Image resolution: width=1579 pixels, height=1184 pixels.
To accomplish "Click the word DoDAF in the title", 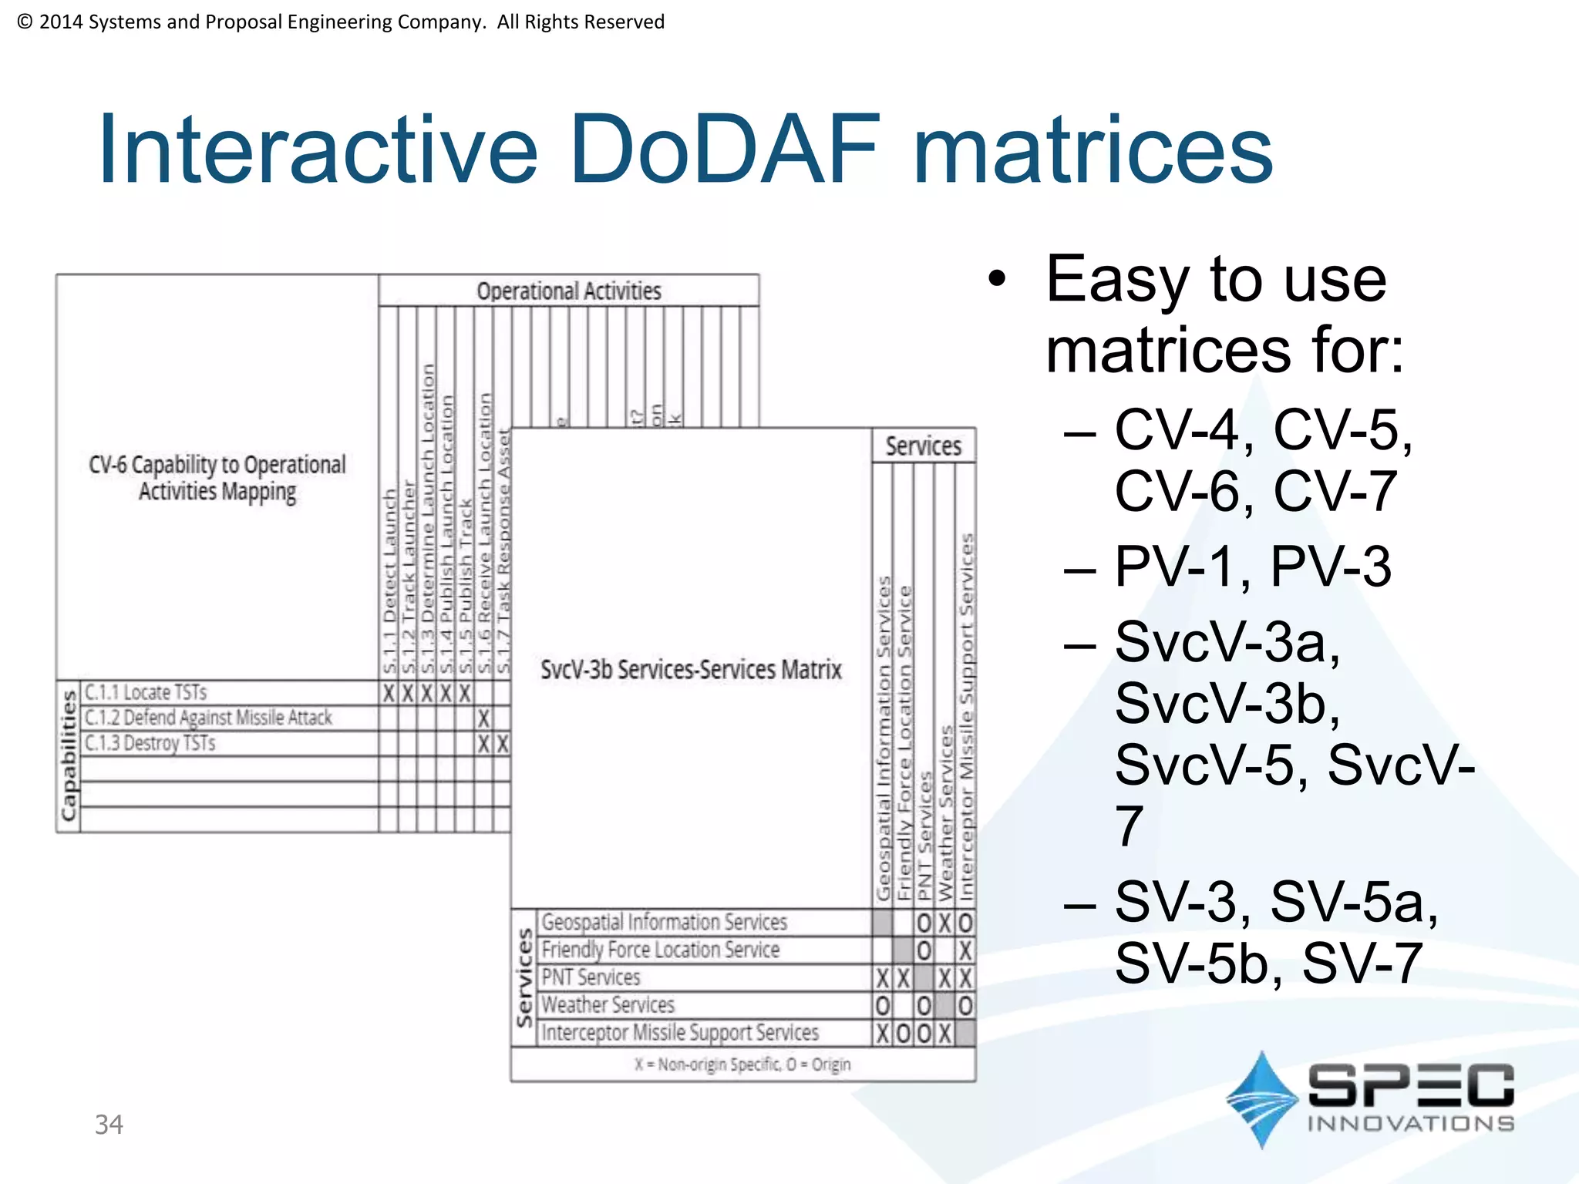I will coord(725,150).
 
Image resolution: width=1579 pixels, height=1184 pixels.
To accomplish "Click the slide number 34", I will coord(109,1125).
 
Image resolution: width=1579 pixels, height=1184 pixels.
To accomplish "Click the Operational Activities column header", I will coord(569,291).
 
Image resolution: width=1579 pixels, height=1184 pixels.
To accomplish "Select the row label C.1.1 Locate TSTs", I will coord(146,692).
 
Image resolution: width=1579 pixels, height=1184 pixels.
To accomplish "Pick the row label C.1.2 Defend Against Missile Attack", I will coord(208,718).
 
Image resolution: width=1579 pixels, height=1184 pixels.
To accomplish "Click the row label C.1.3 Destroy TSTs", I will coord(150,743).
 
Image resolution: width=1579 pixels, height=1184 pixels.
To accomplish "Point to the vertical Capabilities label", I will coord(69,755).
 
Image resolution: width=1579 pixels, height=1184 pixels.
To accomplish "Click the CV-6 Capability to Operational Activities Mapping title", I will coord(217,478).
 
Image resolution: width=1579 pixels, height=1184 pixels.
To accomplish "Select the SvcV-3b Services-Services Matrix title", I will coord(691,669).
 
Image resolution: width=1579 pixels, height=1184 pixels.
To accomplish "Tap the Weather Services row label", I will coord(608,1004).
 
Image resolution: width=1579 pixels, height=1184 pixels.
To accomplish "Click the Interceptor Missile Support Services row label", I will coord(680,1032).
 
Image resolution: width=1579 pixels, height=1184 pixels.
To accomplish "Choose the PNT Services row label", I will coord(591,977).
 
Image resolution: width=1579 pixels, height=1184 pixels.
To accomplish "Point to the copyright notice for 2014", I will coord(340,22).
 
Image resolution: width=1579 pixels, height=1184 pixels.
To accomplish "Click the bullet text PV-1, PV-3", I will coord(1253,567).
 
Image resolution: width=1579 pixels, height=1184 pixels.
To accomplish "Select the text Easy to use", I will coord(1216,279).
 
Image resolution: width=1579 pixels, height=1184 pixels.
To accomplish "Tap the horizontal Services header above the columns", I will coord(923,446).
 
